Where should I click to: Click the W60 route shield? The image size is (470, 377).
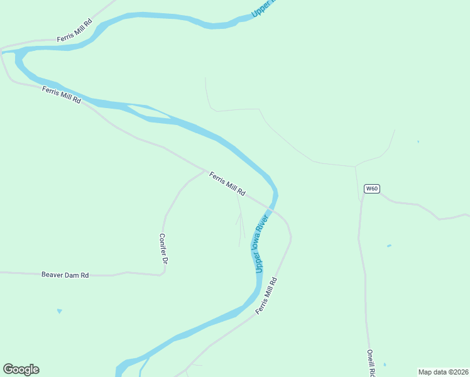372,188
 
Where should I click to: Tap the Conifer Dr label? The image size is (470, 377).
163,248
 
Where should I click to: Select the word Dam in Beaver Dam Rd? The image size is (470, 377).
75,275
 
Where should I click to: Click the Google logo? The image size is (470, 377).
21,369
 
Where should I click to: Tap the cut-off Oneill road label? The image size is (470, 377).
371,363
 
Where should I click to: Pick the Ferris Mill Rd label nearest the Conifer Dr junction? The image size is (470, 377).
227,183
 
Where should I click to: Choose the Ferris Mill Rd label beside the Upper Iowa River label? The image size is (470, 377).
266,295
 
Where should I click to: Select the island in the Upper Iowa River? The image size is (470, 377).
150,113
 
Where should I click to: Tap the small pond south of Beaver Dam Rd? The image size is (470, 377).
60,310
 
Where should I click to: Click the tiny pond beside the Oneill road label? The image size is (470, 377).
385,364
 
